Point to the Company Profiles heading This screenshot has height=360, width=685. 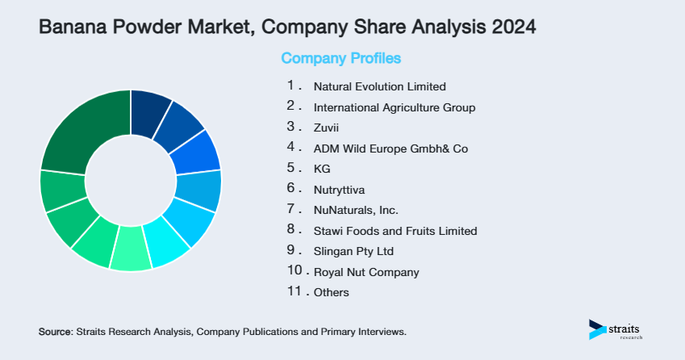340,59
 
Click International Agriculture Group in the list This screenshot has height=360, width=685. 394,107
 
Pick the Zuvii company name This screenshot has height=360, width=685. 327,128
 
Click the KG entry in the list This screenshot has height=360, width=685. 322,169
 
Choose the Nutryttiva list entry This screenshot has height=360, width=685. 339,190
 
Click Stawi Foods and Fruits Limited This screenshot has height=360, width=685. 395,231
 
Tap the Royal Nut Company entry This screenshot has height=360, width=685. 365,272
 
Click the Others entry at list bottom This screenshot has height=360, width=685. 332,292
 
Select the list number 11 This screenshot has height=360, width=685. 293,291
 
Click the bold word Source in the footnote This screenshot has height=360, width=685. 55,332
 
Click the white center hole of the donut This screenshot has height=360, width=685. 131,180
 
